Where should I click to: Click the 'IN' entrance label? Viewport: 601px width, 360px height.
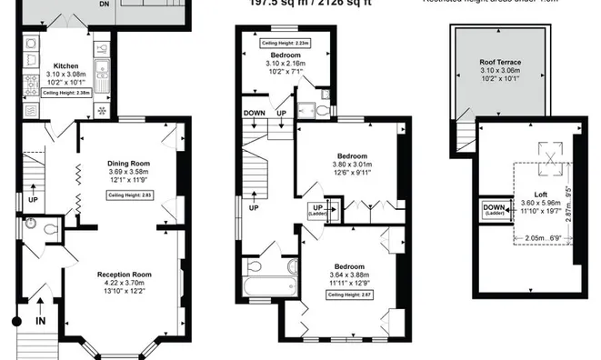[x=39, y=320]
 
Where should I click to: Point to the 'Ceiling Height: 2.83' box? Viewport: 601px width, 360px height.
[x=128, y=195]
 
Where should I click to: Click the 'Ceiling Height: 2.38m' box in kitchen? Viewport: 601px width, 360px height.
[x=71, y=92]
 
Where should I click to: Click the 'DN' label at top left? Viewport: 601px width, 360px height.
[x=128, y=4]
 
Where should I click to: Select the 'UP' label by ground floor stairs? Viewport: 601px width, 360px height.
[x=33, y=199]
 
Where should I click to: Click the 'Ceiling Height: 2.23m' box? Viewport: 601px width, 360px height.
[x=285, y=43]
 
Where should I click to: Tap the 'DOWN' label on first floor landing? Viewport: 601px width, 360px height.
[x=255, y=114]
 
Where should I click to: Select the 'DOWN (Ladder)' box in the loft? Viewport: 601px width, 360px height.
[x=493, y=211]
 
